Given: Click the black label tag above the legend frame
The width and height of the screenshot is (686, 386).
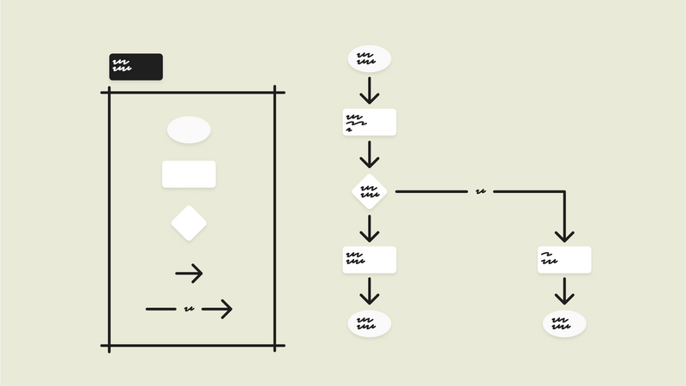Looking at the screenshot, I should (135, 67).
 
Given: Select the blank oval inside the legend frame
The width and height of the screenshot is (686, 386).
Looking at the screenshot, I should (189, 130).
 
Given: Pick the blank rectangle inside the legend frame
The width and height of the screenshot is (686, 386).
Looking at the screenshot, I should (189, 174).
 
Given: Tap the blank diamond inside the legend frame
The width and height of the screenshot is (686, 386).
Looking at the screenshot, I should (189, 224).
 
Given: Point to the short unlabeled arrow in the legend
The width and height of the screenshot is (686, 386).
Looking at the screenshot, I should (189, 274).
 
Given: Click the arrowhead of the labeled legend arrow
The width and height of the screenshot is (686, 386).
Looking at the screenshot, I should (225, 309).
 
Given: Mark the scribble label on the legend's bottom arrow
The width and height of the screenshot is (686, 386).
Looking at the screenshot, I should (189, 309).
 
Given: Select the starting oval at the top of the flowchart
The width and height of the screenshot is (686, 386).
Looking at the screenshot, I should (369, 58).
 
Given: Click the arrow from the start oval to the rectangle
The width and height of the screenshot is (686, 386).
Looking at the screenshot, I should (369, 90).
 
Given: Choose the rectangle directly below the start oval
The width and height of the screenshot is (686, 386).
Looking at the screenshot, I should (369, 122).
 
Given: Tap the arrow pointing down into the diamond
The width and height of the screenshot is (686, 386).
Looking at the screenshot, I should (369, 154).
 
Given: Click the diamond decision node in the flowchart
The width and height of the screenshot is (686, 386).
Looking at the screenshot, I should (369, 191).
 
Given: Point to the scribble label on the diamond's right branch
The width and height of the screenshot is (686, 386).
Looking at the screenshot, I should (480, 191).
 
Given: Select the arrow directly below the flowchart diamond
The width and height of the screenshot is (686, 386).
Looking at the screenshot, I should (369, 228).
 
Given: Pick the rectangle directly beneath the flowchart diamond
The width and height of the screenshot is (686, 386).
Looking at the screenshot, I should (369, 260).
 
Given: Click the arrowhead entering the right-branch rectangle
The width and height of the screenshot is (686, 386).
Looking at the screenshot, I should (564, 234).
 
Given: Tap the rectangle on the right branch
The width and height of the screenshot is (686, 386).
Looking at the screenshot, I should (564, 260).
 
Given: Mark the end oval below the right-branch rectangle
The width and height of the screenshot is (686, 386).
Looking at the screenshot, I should (564, 324).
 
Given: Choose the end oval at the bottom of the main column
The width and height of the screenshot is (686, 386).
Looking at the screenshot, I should (369, 324).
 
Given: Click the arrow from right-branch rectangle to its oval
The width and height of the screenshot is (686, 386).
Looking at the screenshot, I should (564, 292).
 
